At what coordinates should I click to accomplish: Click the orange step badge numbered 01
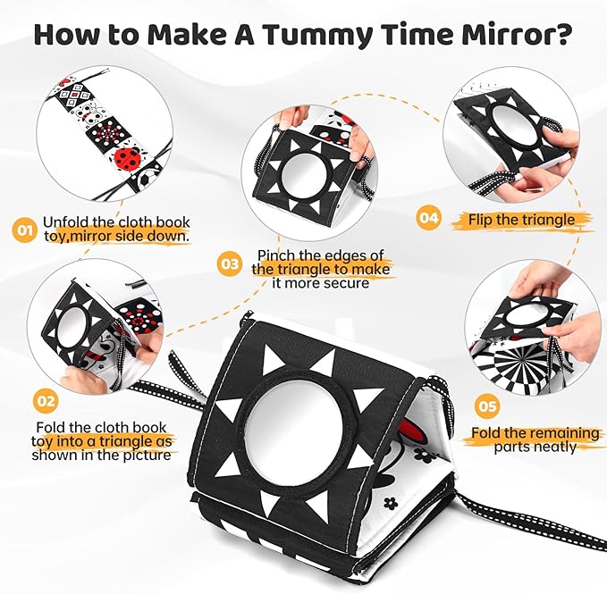pos(25,230)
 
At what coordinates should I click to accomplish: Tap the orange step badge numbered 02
pos(46,401)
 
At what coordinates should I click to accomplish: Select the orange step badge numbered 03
pos(230,264)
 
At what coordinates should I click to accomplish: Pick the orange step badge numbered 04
pos(428,218)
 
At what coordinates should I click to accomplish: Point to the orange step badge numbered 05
pos(487,406)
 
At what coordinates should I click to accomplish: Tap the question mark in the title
pos(561,33)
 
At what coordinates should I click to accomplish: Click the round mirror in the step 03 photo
pos(304,175)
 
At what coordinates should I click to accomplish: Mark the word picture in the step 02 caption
pos(148,456)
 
